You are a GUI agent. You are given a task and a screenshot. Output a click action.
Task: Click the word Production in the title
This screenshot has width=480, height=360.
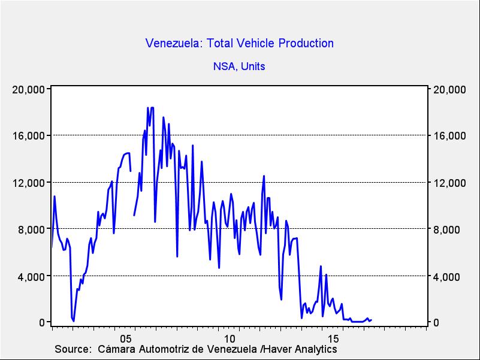306,43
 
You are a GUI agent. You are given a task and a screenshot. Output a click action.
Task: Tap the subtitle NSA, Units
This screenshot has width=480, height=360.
239,66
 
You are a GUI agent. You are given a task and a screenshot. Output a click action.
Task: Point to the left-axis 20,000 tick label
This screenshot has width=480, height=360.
29,89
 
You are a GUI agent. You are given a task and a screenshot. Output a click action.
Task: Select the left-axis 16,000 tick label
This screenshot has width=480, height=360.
29,136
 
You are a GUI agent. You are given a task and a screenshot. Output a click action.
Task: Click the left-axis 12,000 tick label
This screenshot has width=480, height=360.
29,183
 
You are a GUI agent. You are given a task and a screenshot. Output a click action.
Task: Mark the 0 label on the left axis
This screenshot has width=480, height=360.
43,323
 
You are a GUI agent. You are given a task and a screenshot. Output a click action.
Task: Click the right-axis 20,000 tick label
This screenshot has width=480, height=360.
449,89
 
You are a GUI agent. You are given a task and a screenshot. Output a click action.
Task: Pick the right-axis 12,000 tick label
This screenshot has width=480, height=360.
449,183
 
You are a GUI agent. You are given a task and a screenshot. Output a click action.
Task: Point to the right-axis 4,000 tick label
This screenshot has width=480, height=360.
446,276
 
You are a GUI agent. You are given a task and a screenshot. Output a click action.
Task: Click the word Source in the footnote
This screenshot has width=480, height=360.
72,349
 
